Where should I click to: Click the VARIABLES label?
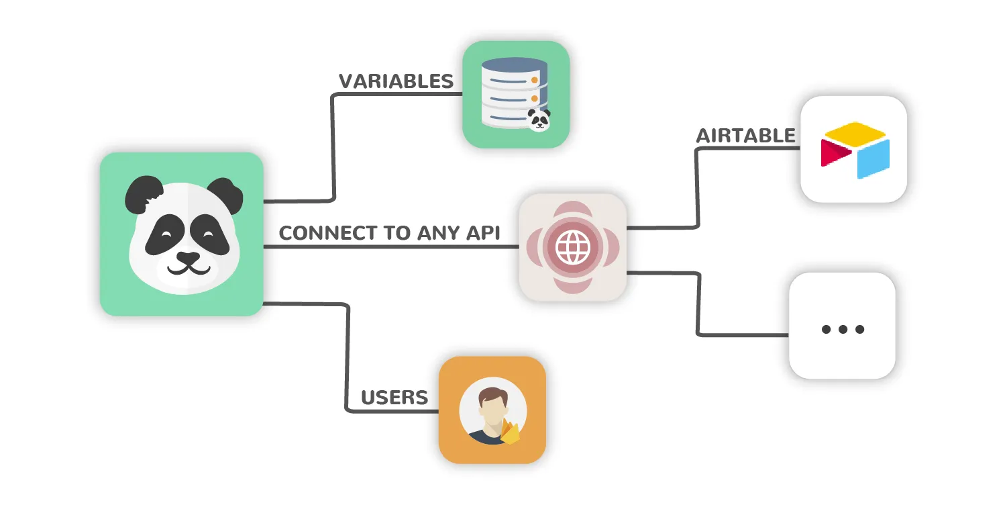396,82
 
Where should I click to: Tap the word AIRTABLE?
745,136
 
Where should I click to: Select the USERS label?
394,398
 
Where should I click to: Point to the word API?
484,234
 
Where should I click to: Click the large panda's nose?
185,258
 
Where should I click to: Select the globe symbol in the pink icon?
572,248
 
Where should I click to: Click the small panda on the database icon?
538,120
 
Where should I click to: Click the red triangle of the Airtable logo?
832,152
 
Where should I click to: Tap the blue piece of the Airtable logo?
873,158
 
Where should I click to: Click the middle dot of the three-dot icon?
842,329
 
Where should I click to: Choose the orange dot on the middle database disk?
535,99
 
